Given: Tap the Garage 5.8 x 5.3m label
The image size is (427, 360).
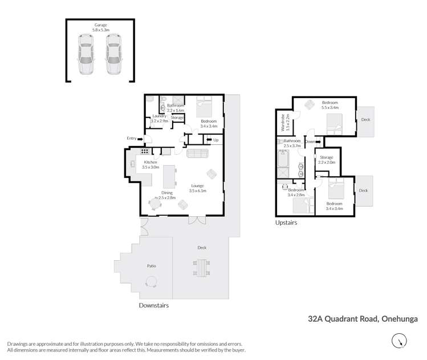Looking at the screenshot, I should pos(100,27).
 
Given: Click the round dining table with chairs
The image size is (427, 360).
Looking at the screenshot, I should pos(155,203).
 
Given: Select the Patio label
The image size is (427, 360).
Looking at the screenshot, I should pos(152,266).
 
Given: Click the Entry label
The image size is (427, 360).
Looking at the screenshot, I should pos(132,138).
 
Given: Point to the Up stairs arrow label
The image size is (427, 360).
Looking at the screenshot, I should pos(215,140).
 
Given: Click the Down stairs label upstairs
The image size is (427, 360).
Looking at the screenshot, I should pos(310,141).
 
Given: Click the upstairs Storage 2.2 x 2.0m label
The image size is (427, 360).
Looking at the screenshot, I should pos(327,160).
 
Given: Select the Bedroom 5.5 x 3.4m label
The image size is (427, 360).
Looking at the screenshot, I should pos(330,105).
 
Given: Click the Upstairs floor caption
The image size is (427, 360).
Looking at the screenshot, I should pos(286,223).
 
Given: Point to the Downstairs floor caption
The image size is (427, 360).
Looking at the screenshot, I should pos(154,305).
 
